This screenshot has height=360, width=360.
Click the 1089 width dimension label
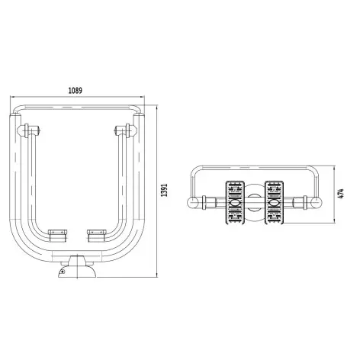click(x=76, y=90)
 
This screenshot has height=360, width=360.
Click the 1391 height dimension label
click(x=165, y=190)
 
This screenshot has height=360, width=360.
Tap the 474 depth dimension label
click(x=341, y=193)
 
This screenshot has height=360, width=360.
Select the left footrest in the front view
click(x=58, y=236)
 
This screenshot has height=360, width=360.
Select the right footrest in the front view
click(x=97, y=236)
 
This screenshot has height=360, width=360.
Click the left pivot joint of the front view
click(x=28, y=130)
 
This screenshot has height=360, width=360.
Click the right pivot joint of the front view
click(x=126, y=130)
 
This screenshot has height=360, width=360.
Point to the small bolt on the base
click(x=63, y=272)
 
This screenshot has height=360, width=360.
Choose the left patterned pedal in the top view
click(x=236, y=203)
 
